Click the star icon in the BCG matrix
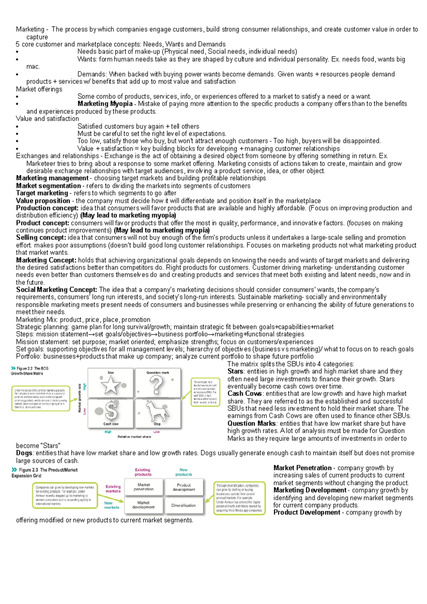point(111,385)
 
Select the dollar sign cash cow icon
point(111,410)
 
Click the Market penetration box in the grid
point(144,487)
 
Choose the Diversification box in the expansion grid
point(184,505)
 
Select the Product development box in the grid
point(184,487)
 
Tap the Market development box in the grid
point(144,505)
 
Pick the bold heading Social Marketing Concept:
point(57,290)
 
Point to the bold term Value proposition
point(43,201)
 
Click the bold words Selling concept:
point(41,238)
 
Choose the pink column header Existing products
point(143,472)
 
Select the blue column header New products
point(184,472)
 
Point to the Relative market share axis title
point(134,437)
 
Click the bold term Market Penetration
point(302,468)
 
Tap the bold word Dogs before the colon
point(24,453)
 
